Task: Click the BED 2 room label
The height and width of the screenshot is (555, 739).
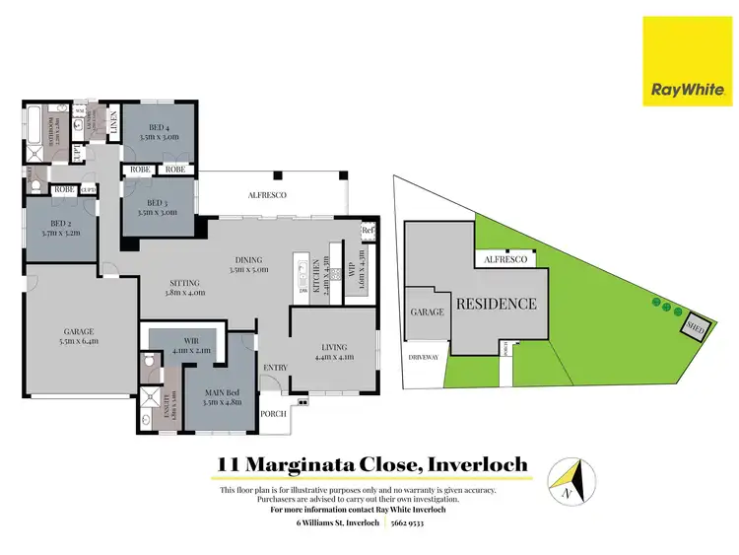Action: point(60,229)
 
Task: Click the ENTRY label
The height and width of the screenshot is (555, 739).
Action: point(275,369)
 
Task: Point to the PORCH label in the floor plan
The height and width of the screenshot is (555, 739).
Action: point(272,415)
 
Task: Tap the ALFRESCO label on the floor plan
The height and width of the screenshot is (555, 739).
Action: point(267,196)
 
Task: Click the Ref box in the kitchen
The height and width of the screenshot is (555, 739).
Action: point(369,231)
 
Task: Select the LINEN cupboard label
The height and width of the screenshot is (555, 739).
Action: point(114,124)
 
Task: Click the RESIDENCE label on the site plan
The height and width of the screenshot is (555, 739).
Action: point(496,304)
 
